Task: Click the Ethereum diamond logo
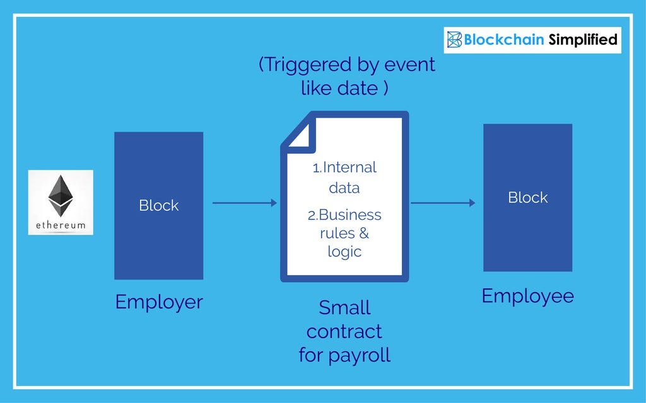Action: coord(61,195)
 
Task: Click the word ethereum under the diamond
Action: coord(61,225)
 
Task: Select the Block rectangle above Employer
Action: coord(158,205)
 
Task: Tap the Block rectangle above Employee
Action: coord(527,197)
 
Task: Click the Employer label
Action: coord(158,302)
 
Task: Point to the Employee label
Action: coord(527,296)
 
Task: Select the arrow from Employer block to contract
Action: coord(244,203)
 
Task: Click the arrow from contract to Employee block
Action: coord(443,203)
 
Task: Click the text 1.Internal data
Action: coord(344,177)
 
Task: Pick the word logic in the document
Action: coord(344,252)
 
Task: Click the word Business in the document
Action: coord(350,215)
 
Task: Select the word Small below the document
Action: coord(344,308)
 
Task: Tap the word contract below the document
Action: coord(344,331)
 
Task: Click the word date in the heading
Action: coord(358,88)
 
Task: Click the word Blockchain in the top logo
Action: coord(503,40)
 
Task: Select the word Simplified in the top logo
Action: coord(582,40)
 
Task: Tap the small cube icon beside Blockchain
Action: coord(454,40)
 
